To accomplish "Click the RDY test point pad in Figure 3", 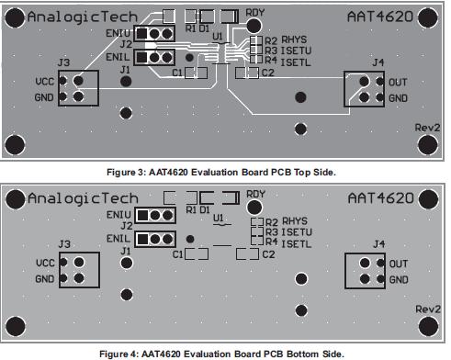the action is click(x=254, y=26).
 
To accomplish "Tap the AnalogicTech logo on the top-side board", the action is click(x=83, y=17).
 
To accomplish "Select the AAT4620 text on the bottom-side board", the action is click(x=381, y=198).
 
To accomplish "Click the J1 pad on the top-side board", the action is click(x=126, y=82).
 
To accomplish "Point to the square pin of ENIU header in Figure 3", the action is click(x=141, y=33).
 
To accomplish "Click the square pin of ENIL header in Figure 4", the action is click(x=142, y=239).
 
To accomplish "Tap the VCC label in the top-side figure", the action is click(x=45, y=82).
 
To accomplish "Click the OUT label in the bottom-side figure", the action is click(x=399, y=264).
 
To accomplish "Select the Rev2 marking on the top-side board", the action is click(x=427, y=128).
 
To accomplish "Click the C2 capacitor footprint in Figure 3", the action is click(x=247, y=73).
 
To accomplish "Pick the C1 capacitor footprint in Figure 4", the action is click(x=197, y=254).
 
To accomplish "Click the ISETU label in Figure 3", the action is click(x=296, y=51).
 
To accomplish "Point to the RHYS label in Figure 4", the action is click(x=295, y=221).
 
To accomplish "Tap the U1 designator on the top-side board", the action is click(x=218, y=37).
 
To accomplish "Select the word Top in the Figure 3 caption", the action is click(x=302, y=173).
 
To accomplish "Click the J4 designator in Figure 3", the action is click(x=378, y=62).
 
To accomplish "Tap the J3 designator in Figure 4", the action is click(x=64, y=244).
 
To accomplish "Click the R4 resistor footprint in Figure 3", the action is click(x=256, y=60).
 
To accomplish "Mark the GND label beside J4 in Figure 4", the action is click(x=399, y=279).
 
